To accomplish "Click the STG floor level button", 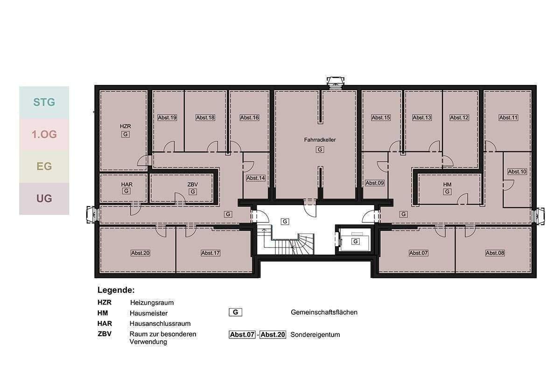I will coord(44,102).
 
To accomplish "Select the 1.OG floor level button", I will coord(44,135).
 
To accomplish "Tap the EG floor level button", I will coord(44,166).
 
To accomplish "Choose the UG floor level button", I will coord(44,199).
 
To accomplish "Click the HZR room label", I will coord(125,126).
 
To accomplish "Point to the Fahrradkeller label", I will coord(320,139).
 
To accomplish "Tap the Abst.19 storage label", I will coord(167,117).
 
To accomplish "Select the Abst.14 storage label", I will coord(255,178).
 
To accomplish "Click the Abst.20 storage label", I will coord(140,253).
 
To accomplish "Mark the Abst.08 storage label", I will coord(495,253).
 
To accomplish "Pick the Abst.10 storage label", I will coord(517,172).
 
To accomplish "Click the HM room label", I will coord(447,185).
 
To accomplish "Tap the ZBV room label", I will coord(193,185).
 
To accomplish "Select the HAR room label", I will coord(126,185).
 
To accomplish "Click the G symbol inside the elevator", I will coord(355,242).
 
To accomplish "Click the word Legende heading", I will coord(116,290).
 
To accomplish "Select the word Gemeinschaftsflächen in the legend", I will coord(324,312).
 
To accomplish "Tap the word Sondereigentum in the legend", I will coord(315,335).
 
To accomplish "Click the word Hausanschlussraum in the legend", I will coord(160,324).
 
